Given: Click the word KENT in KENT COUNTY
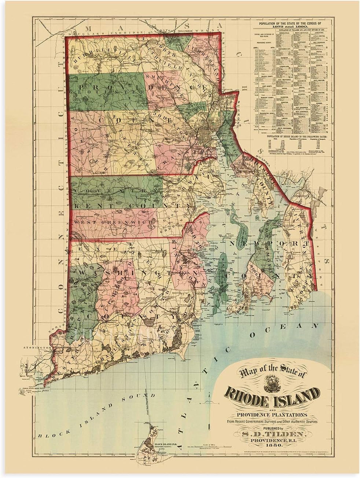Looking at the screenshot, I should [x=92, y=207].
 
